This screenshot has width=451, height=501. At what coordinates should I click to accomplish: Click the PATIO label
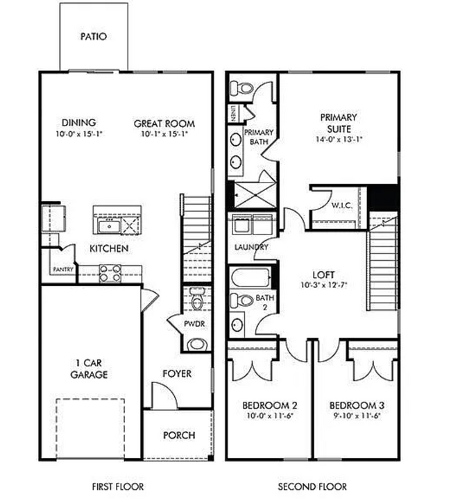click(94, 36)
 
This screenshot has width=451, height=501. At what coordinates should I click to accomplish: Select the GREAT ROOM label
click(164, 124)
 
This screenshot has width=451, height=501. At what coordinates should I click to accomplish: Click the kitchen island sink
click(108, 226)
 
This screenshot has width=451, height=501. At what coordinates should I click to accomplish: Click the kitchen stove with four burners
click(111, 273)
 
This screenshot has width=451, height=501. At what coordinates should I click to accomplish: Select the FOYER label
click(177, 374)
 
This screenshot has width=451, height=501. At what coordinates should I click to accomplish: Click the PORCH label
click(179, 436)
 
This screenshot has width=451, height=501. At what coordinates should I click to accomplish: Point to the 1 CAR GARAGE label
click(89, 368)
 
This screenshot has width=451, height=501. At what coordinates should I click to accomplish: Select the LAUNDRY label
click(251, 247)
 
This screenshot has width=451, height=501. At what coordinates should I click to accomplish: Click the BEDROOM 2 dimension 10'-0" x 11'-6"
click(270, 416)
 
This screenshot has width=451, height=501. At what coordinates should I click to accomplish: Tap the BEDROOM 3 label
click(357, 405)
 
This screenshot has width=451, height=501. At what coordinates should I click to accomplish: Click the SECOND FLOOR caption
click(312, 486)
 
